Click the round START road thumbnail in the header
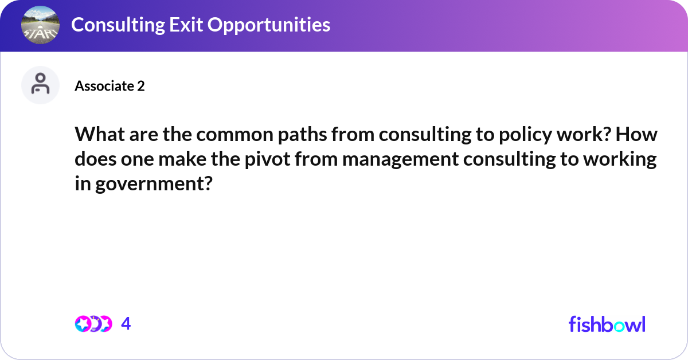coord(40,25)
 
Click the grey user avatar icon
coord(40,85)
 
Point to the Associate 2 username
coord(110,86)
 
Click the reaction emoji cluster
coord(93,324)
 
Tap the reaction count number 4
coord(126,324)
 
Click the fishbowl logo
coord(607,324)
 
